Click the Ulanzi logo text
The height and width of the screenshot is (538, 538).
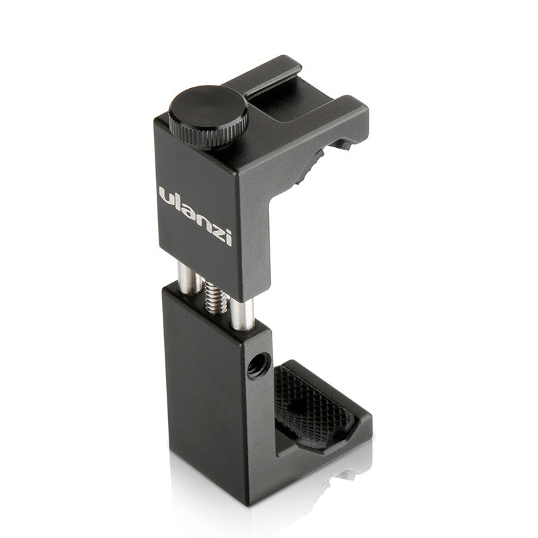coord(195,217)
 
